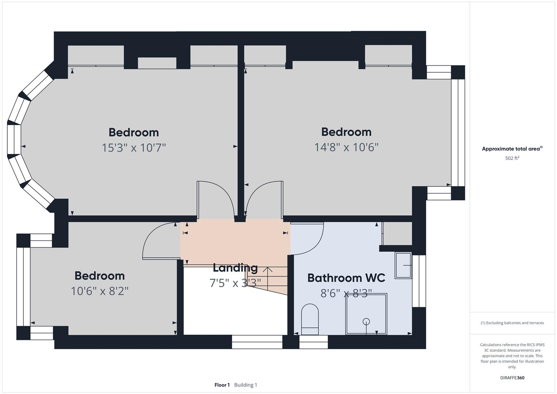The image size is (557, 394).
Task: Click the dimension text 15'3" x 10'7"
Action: point(134,148)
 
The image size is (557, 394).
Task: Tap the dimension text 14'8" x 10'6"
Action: point(346,147)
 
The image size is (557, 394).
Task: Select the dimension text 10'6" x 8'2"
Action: point(100,291)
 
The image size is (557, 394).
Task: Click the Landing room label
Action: point(235,268)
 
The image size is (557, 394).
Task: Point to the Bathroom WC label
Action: point(346,278)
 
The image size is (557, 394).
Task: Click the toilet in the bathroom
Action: point(310,320)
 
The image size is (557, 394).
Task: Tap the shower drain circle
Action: point(366,321)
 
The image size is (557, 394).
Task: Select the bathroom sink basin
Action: point(403,266)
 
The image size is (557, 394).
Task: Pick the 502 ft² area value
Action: point(512,158)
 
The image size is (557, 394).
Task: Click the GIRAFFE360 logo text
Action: point(512,378)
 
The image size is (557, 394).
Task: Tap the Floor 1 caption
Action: point(222,385)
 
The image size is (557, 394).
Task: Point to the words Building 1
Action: point(245,385)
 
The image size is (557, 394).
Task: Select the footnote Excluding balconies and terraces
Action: point(512,323)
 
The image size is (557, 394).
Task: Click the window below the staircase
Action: point(257,342)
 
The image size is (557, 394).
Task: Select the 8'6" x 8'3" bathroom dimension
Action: point(346,293)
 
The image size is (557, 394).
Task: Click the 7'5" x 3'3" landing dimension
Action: point(235,283)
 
